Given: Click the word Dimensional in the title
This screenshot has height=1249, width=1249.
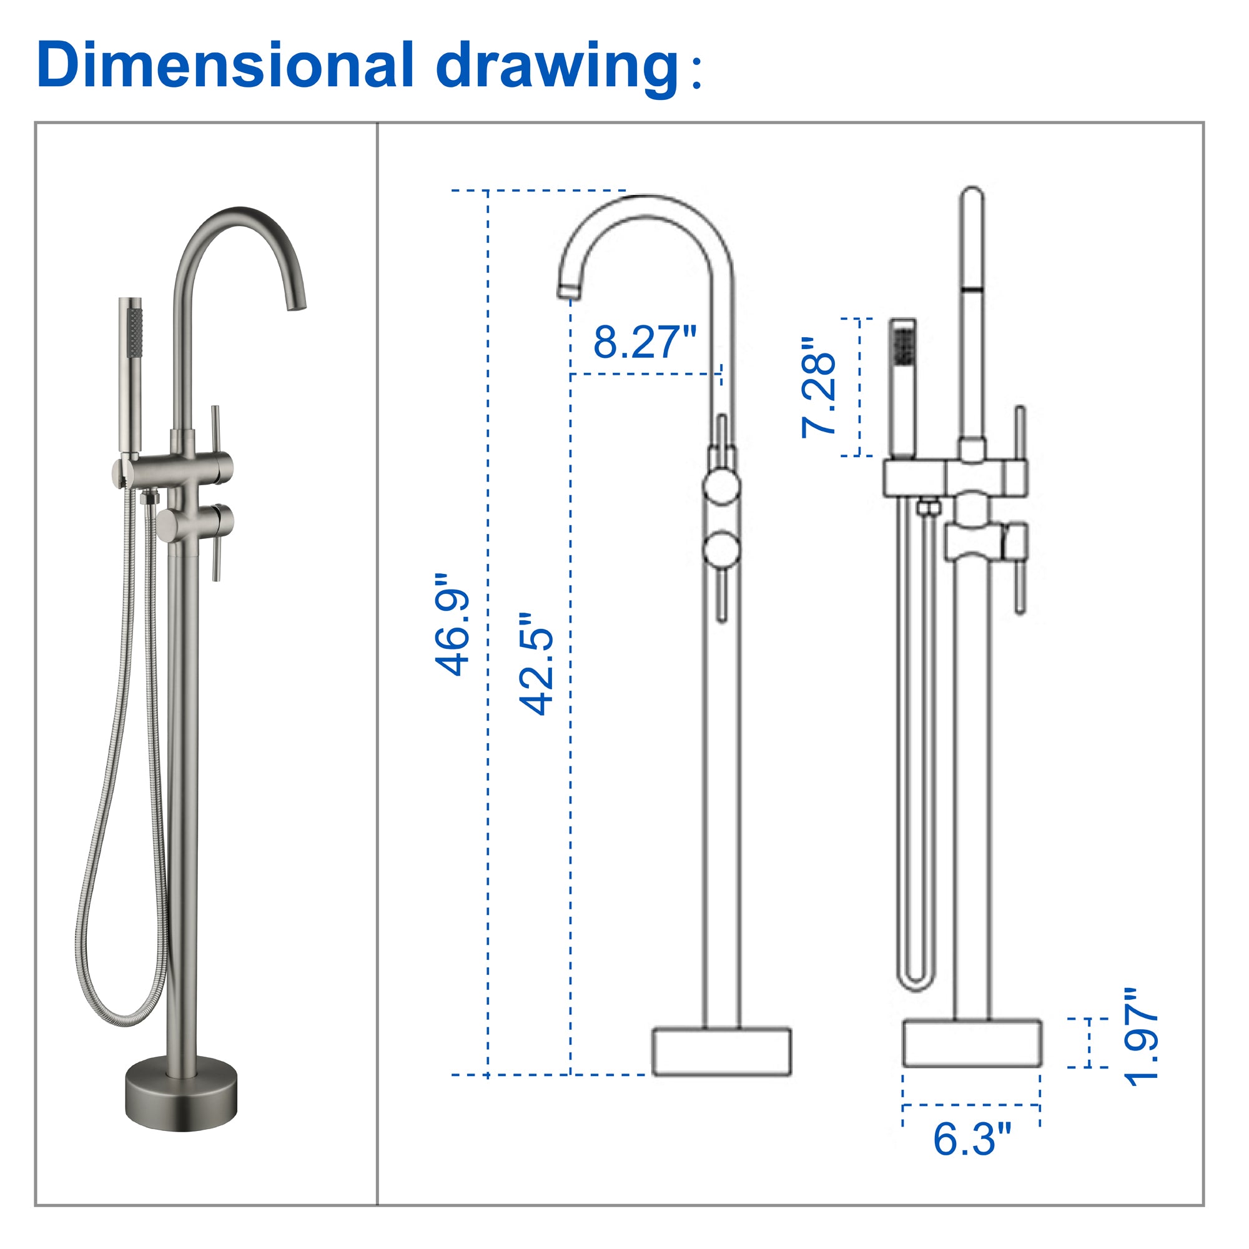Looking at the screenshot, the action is coord(225,65).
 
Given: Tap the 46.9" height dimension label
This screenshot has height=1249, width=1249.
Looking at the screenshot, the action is coord(452,624).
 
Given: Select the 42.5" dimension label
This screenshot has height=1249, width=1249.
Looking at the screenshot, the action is coord(536,664).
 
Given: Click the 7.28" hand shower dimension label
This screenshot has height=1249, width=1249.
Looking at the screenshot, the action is coord(818,387).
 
